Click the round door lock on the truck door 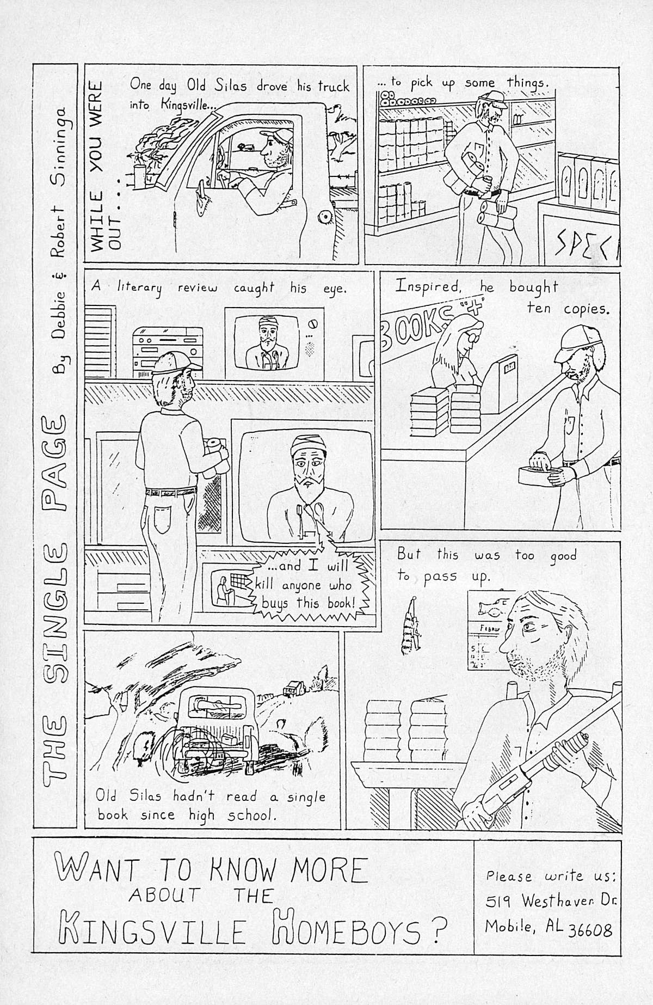(x=325, y=218)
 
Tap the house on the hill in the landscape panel (x=291, y=688)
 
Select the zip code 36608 (x=590, y=930)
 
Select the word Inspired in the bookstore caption (x=428, y=287)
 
